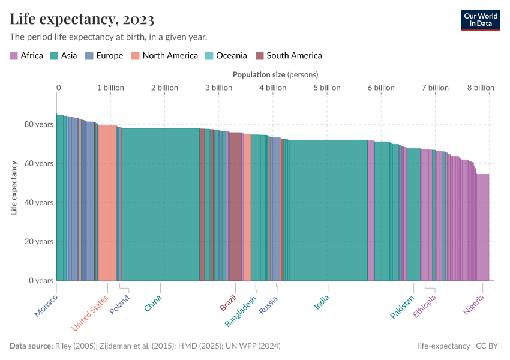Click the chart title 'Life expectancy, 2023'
coord(82,19)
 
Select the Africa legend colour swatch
coord(13,56)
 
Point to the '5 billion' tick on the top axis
coord(326,88)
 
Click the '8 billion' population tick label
coord(481,88)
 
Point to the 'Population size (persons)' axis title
coord(275,74)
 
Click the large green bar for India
coord(328,210)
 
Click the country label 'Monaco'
coord(46,307)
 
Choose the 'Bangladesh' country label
coord(241,312)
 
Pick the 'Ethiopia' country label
coord(424,307)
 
